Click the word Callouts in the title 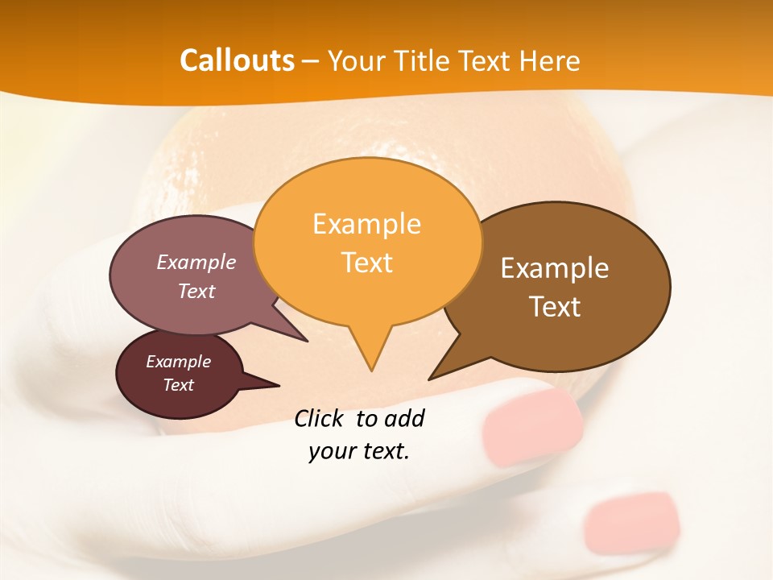[237, 60]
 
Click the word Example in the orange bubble [366, 224]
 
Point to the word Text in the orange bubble [367, 262]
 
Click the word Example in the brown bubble [555, 268]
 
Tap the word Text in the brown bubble [555, 306]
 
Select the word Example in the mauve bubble [196, 262]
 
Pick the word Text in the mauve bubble [196, 291]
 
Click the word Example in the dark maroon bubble [178, 362]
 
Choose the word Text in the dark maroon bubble [178, 385]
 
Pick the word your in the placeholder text [331, 451]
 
